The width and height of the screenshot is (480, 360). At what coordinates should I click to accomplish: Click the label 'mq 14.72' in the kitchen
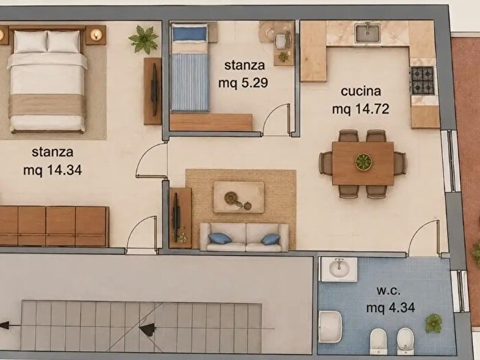pos(361,109)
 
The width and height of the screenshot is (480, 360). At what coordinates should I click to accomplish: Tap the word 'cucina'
pos(361,91)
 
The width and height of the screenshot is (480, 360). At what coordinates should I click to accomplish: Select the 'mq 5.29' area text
pos(243,83)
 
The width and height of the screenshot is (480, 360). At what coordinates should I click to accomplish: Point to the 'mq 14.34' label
pos(53,170)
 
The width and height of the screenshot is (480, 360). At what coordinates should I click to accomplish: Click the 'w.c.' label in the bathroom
pos(389,290)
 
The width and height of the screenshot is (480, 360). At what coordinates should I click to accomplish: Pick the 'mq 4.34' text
pos(391,307)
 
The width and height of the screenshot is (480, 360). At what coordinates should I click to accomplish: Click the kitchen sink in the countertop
pos(368,33)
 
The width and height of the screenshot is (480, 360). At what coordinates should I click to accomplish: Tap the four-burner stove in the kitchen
pos(422,80)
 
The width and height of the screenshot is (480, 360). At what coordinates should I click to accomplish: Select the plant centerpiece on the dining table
pos(363,161)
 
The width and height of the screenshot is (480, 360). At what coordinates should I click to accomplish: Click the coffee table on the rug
pos(239,197)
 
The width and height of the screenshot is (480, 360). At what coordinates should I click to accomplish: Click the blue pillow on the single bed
pos(190,34)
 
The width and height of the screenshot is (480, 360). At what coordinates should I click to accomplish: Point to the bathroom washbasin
pos(339,269)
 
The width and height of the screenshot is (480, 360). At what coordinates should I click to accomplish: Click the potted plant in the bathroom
pos(434,323)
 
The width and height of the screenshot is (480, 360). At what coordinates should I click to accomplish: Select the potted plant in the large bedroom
pos(143,39)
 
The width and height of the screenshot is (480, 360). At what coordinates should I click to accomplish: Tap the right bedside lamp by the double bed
pos(96,35)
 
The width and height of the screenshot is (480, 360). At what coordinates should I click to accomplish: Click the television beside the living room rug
pos(177,218)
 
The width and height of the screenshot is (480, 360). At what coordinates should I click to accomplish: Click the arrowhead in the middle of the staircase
pos(147,330)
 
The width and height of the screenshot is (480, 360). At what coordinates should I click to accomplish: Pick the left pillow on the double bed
pos(31,42)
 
